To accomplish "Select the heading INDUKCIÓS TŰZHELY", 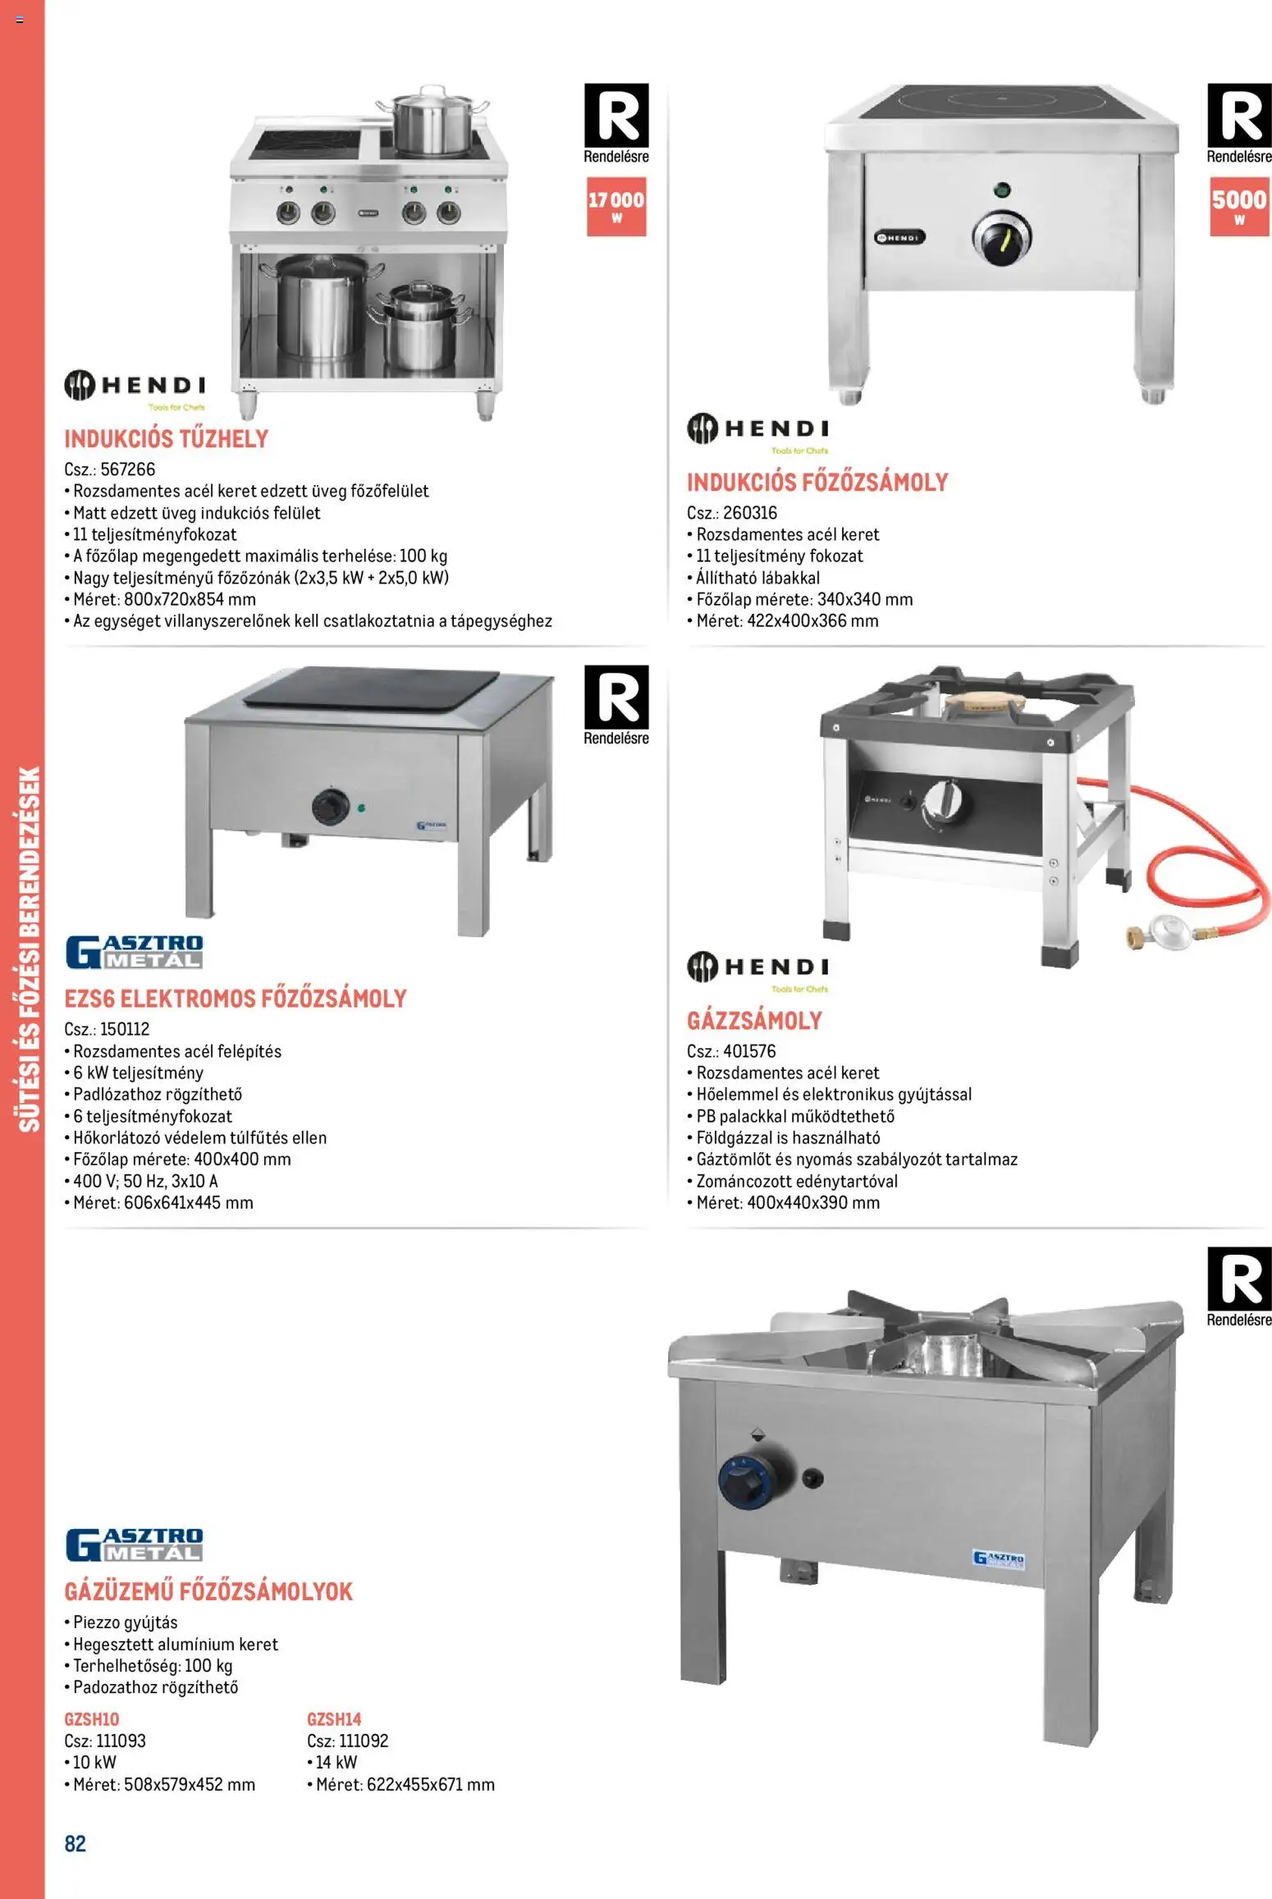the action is point(167,439).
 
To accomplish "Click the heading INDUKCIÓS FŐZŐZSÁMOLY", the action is point(817,483).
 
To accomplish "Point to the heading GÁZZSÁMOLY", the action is point(754,1021).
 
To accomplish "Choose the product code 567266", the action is point(127,469).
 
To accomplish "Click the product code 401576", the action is point(749,1051).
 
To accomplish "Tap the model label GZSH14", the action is point(334,1719).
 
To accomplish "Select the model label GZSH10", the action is point(92,1719).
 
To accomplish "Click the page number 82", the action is point(75,1844).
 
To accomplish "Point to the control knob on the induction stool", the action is point(1001,239).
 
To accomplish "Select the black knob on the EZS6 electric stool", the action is point(331,808).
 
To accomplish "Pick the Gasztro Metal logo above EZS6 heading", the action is point(134,952).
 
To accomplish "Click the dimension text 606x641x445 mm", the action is point(188,1203).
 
